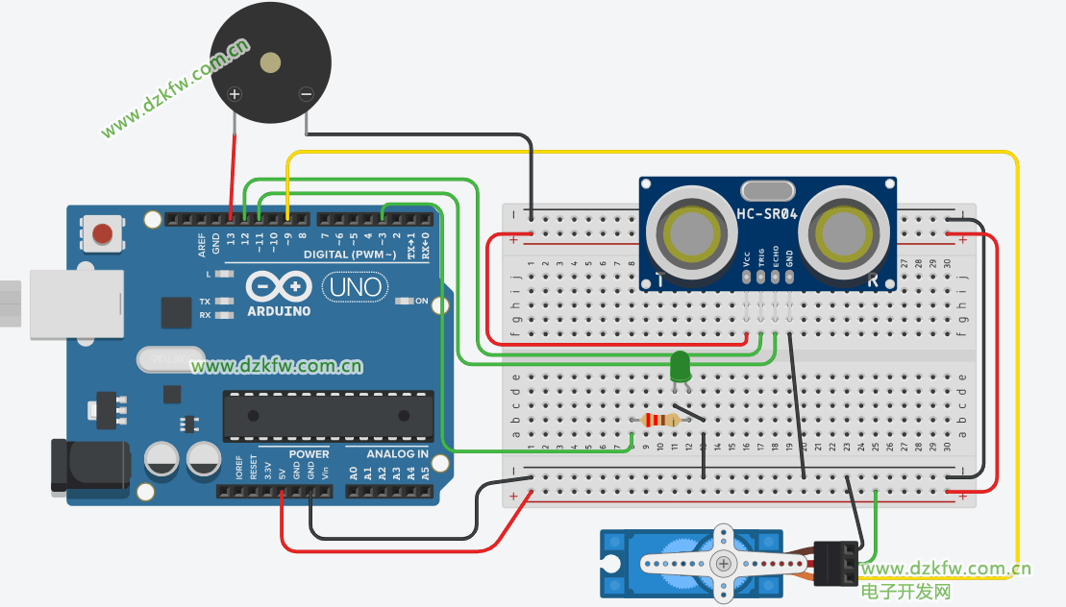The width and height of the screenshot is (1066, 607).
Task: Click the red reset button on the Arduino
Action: [x=103, y=232]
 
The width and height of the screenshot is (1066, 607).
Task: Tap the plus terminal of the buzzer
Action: [x=234, y=94]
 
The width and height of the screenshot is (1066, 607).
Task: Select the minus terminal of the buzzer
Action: [x=306, y=94]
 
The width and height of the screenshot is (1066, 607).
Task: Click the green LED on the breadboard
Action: [x=681, y=366]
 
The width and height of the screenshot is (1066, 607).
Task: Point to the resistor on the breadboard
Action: [x=660, y=420]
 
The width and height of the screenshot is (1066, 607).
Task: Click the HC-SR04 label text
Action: [x=767, y=214]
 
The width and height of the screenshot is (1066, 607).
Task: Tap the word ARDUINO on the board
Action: [x=279, y=311]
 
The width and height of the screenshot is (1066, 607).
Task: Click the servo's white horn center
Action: [x=722, y=566]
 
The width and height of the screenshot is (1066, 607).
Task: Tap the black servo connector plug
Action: [x=834, y=564]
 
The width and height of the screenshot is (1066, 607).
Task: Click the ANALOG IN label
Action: [x=397, y=454]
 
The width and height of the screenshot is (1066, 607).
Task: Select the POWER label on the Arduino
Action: [x=309, y=454]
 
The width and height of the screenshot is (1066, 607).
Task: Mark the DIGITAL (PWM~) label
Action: [x=350, y=255]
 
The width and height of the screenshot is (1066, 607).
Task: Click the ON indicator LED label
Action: [x=421, y=301]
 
